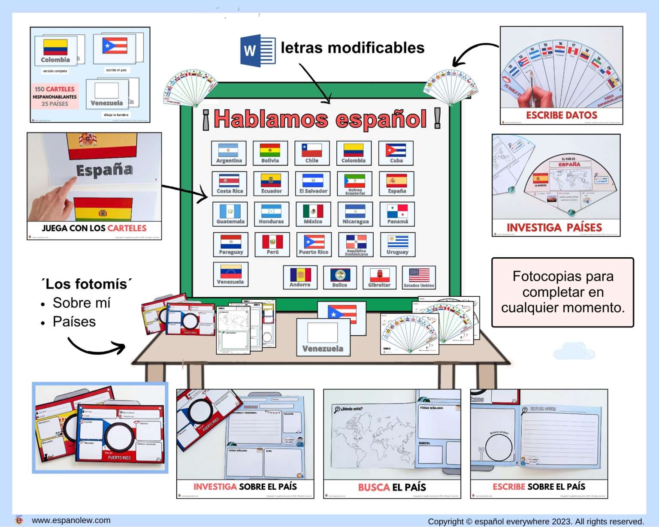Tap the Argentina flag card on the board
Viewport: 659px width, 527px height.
click(229, 153)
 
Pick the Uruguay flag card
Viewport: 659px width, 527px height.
click(397, 244)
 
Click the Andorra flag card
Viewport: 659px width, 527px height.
click(300, 277)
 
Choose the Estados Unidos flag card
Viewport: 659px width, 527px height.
click(419, 277)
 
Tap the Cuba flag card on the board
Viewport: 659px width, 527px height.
click(396, 153)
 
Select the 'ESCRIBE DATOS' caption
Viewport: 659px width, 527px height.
click(561, 115)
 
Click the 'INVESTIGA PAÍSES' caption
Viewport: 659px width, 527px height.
click(554, 228)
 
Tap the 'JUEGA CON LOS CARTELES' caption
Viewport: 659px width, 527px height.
click(94, 228)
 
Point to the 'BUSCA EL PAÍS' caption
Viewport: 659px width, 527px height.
click(392, 487)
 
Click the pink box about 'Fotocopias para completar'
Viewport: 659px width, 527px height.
click(562, 292)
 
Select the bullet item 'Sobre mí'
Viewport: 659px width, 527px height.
click(82, 303)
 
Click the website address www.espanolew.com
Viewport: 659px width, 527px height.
click(71, 520)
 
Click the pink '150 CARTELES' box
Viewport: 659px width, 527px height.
click(54, 96)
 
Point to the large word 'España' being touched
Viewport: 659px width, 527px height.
click(104, 170)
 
